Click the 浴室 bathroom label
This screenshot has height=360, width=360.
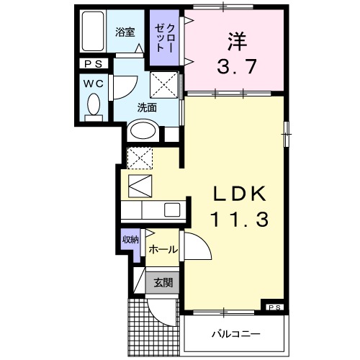tap(125, 32)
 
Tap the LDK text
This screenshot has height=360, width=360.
tap(239, 194)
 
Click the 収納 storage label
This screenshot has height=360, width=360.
tap(130, 240)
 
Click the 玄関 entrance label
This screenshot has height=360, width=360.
tap(162, 283)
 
